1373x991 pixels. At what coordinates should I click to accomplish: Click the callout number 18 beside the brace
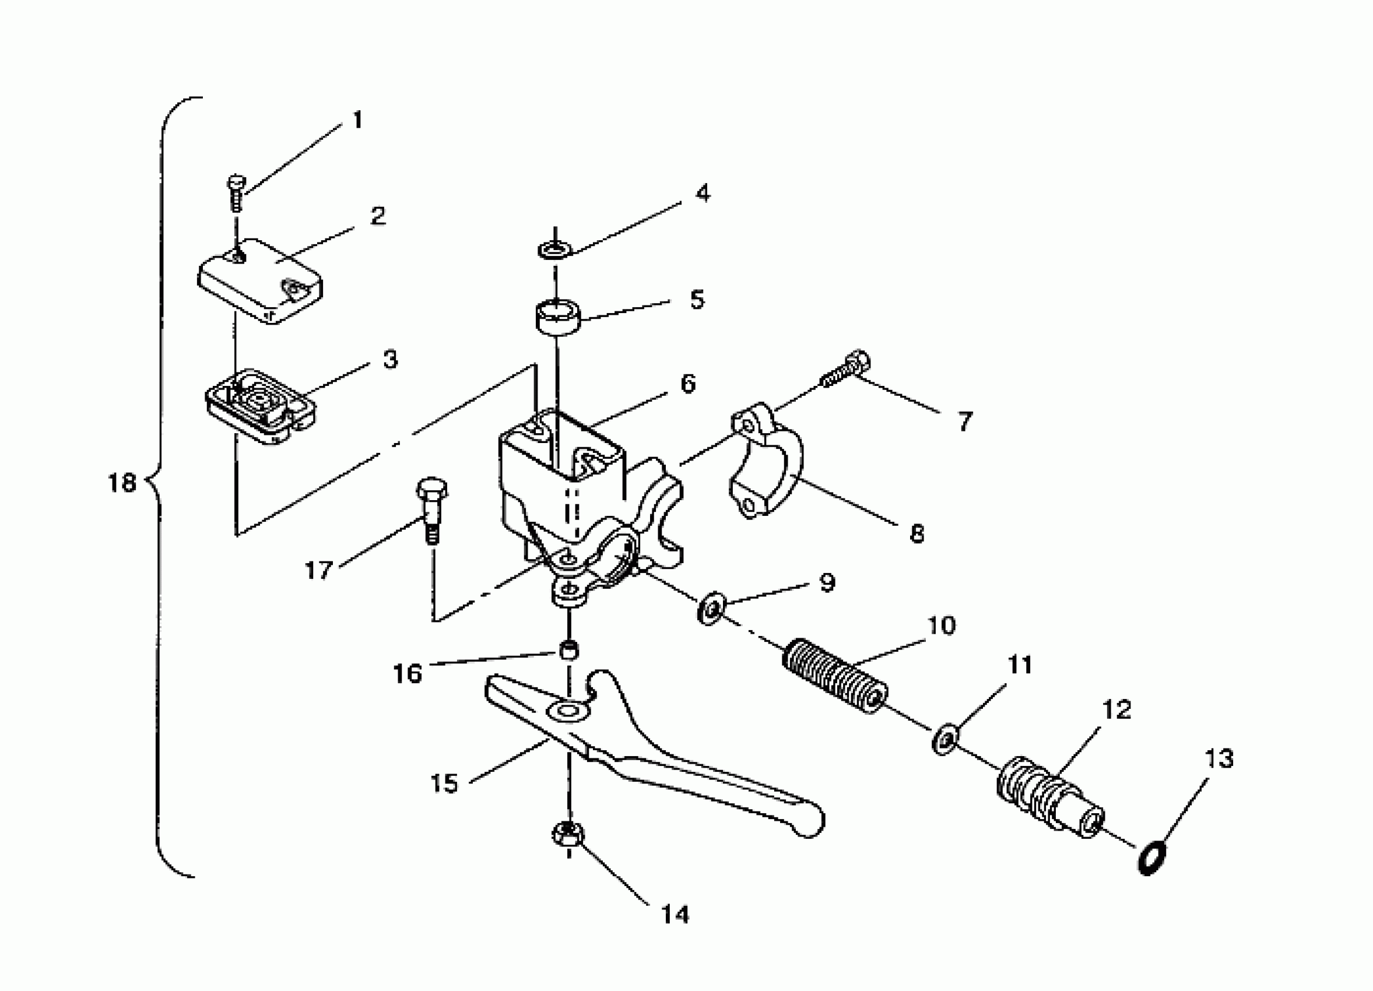coord(122,483)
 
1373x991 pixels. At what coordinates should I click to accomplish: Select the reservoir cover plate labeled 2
coord(260,280)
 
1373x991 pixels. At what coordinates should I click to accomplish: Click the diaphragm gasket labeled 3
coord(259,406)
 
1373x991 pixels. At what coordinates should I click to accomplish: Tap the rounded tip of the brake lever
coord(810,824)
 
